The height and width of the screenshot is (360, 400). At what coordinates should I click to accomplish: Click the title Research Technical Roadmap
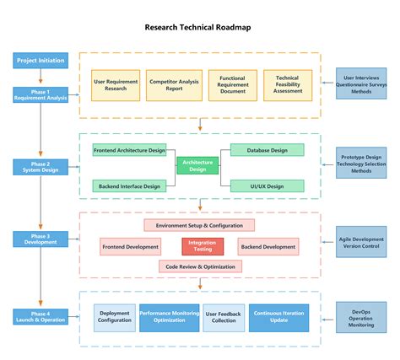[x=197, y=27]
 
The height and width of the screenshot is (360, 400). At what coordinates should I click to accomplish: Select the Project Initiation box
[x=40, y=61]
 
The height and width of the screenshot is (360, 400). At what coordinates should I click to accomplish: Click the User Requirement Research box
[x=116, y=85]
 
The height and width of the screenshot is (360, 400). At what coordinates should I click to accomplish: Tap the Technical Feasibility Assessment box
[x=287, y=85]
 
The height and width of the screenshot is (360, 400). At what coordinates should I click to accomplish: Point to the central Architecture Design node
[x=197, y=166]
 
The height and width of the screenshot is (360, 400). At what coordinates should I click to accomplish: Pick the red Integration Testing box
[x=203, y=247]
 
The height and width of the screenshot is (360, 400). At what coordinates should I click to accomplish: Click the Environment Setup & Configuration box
[x=199, y=225]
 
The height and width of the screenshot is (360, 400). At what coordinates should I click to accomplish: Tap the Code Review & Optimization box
[x=200, y=266]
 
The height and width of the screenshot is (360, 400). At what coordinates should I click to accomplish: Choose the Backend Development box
[x=268, y=247]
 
